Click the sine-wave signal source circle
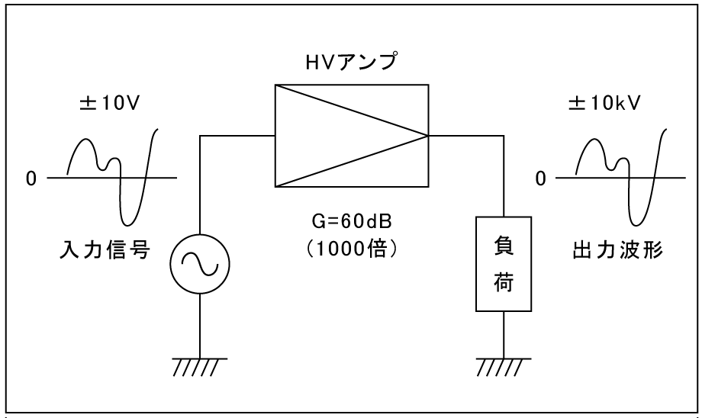pyautogui.click(x=200, y=263)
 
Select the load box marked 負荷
pyautogui.click(x=504, y=264)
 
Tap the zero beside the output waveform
pyautogui.click(x=540, y=178)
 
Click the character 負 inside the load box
pyautogui.click(x=504, y=249)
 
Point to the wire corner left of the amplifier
pyautogui.click(x=200, y=137)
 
